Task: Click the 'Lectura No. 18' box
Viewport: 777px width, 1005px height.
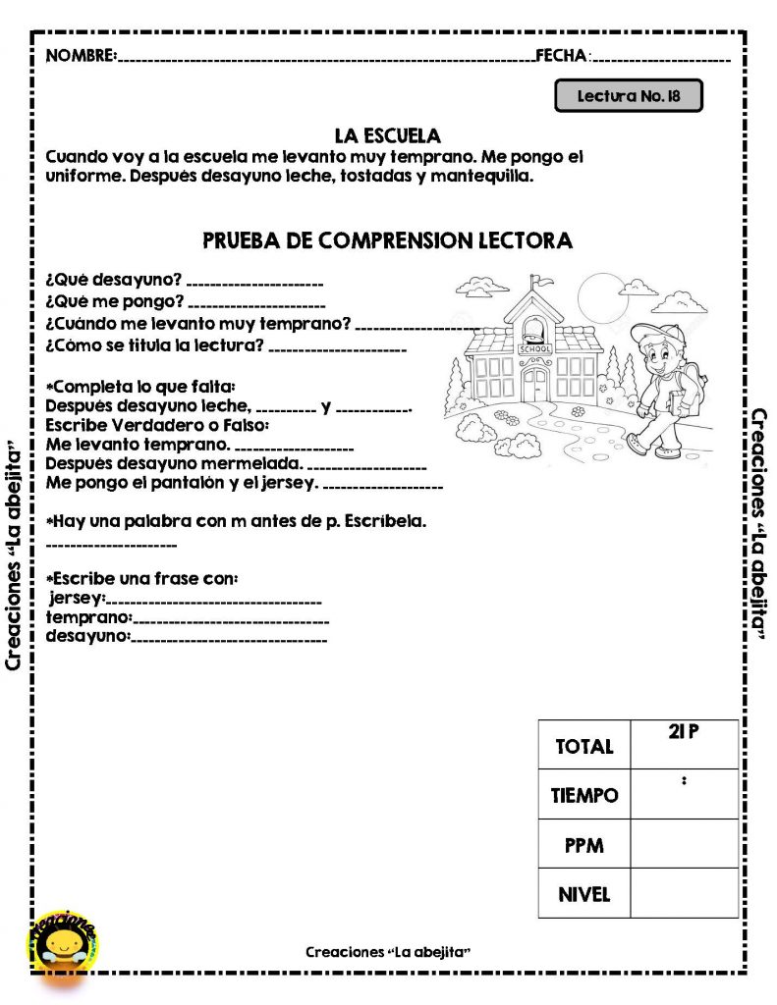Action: coord(629,96)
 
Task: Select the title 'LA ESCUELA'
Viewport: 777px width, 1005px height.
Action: coord(387,135)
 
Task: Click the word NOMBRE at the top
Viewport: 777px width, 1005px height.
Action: coord(81,55)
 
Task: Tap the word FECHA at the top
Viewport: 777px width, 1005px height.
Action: coord(561,55)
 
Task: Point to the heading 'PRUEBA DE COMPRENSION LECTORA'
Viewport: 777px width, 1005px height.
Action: coord(387,240)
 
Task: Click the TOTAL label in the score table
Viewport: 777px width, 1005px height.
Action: coord(583,747)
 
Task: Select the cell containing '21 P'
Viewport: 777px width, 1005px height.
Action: coord(685,732)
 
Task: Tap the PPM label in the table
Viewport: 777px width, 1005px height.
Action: coord(583,845)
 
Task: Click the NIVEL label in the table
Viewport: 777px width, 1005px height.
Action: coord(583,894)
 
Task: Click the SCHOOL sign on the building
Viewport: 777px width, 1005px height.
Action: coord(535,349)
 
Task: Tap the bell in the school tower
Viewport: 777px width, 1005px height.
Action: coord(534,327)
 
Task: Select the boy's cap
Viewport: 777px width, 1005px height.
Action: coord(651,332)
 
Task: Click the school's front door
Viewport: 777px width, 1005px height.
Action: coord(535,382)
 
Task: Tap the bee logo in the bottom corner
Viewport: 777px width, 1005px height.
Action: coord(61,944)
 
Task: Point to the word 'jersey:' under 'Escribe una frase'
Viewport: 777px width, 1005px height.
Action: coord(77,598)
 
